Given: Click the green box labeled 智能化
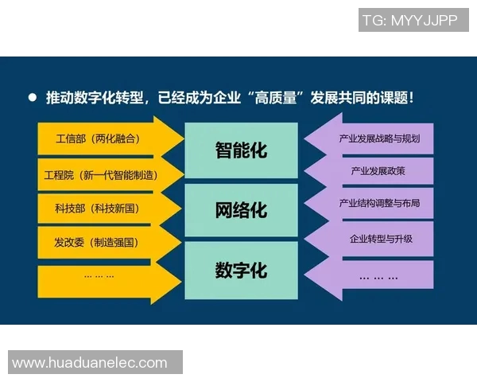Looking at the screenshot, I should pos(242,150).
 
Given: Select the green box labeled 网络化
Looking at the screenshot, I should pos(242,210).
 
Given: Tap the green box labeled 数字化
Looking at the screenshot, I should pos(242,270).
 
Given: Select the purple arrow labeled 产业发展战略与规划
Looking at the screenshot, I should pos(374,138).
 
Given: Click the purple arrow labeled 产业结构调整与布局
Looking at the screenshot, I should pos(374,205).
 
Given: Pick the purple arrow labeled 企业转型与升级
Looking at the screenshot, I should pos(374,239).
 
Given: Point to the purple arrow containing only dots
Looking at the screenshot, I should pos(374,276).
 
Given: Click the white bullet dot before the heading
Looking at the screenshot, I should pos(33,98).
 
